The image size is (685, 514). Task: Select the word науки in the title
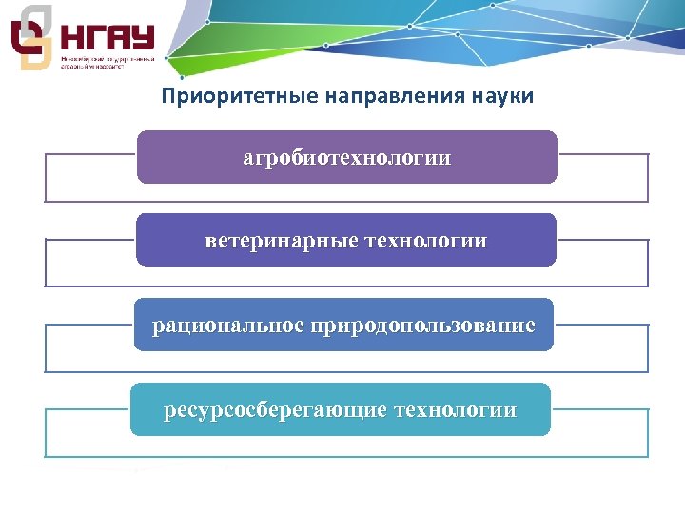tap(501, 97)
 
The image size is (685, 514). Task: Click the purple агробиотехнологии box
tap(346, 157)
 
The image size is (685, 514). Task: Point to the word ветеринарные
tap(282, 241)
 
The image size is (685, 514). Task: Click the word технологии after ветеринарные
tap(425, 241)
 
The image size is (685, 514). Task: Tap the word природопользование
tap(422, 326)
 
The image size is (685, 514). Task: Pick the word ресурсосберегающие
tap(276, 410)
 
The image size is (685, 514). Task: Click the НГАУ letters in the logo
tap(107, 38)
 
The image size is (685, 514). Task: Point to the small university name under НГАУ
tap(106, 63)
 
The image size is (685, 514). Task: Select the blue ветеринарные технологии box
tap(346, 240)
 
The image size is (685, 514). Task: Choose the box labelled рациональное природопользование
tap(343, 325)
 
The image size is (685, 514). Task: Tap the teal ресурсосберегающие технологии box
tap(341, 409)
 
